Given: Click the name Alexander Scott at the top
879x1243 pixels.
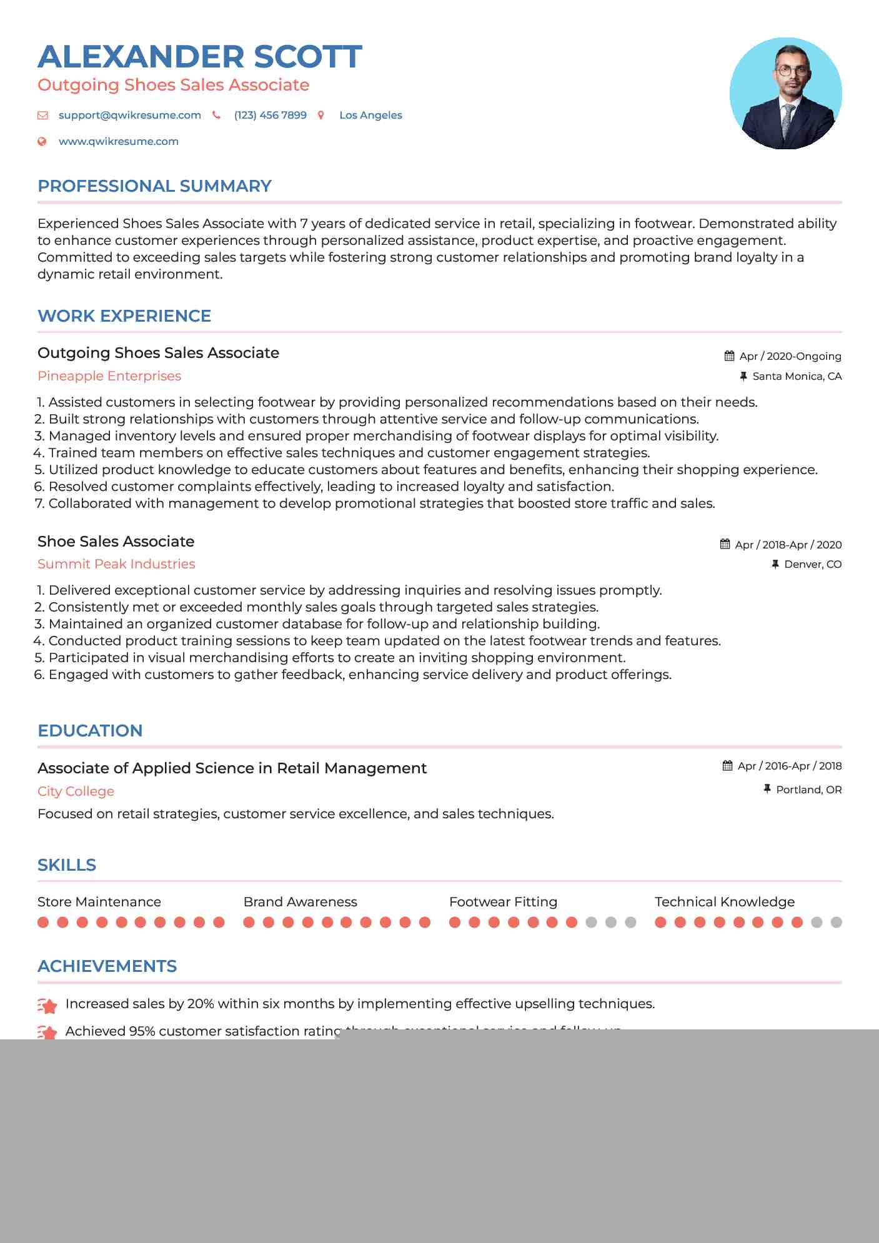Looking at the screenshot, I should pyautogui.click(x=200, y=57).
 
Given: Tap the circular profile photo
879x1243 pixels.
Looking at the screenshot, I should pyautogui.click(x=785, y=94).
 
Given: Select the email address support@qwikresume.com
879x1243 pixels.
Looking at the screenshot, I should pyautogui.click(x=129, y=116).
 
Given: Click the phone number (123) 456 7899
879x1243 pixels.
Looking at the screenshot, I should pyautogui.click(x=270, y=116).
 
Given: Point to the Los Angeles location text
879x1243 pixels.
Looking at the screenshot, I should pyautogui.click(x=370, y=116).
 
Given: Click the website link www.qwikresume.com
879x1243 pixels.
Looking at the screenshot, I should pyautogui.click(x=118, y=142).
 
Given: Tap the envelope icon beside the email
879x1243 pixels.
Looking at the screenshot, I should pyautogui.click(x=42, y=116).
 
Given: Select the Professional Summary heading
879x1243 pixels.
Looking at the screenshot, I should pyautogui.click(x=154, y=186).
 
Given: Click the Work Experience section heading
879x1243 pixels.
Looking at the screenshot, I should pyautogui.click(x=124, y=316).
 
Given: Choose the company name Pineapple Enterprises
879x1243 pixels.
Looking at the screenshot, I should pyautogui.click(x=109, y=376).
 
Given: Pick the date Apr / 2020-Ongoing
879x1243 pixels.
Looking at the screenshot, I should pyautogui.click(x=790, y=356).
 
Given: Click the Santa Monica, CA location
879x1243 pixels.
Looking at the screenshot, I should pyautogui.click(x=797, y=376).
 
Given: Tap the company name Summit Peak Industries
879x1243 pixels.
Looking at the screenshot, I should pyautogui.click(x=116, y=564).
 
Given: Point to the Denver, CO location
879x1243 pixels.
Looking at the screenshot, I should pyautogui.click(x=812, y=565).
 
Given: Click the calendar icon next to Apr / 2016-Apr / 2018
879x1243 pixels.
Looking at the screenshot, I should pyautogui.click(x=727, y=766).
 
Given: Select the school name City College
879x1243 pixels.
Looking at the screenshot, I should pyautogui.click(x=76, y=791).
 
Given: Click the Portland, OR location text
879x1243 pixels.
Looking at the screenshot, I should pyautogui.click(x=808, y=790).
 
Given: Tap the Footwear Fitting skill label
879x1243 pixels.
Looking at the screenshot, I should pyautogui.click(x=503, y=902).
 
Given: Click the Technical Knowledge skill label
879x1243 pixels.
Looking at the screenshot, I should pyautogui.click(x=724, y=902).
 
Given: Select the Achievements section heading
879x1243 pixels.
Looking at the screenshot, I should pyautogui.click(x=107, y=966).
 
